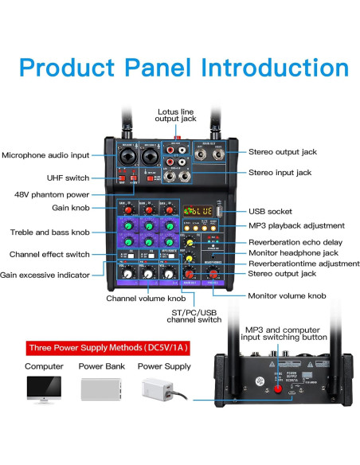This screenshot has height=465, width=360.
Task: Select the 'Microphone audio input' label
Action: click(x=45, y=155)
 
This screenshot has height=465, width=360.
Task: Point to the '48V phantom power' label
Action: click(x=52, y=194)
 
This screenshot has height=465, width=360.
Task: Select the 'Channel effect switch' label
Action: click(x=49, y=254)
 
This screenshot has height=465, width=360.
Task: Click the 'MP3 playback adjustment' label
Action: click(x=296, y=225)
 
